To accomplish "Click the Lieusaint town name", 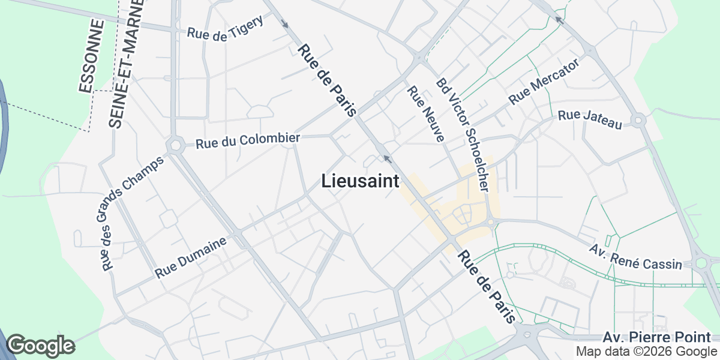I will tap(361, 181).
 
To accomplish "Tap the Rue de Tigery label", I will tap(225, 29).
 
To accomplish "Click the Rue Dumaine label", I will tap(191, 257).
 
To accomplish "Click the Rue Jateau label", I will tap(590, 119).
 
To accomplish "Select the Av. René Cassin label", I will tap(636, 256).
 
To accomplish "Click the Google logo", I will tap(40, 346).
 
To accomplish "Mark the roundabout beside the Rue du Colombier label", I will tap(176, 146).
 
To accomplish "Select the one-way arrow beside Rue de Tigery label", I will tap(285, 24).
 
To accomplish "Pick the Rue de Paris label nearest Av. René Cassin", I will tap(486, 287).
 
